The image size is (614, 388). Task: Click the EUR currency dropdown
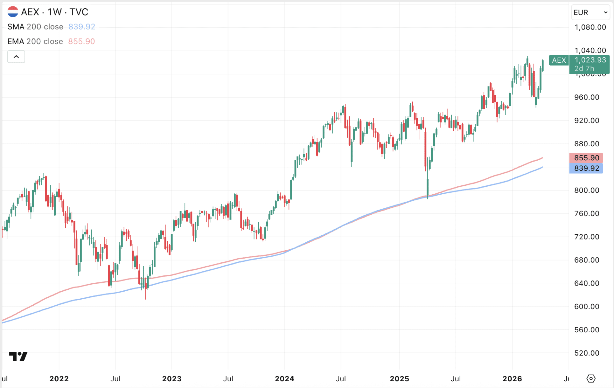click(x=590, y=12)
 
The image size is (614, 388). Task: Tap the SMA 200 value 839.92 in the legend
click(x=82, y=27)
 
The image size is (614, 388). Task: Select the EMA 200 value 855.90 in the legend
click(x=81, y=41)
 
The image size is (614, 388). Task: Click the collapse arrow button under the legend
click(x=16, y=57)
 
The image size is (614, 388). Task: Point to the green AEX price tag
click(x=559, y=60)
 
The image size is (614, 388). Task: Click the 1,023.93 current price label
click(x=590, y=60)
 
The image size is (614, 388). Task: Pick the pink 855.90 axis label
click(x=586, y=158)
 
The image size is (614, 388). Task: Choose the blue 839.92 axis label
click(x=586, y=168)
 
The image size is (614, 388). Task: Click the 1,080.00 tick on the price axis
click(x=590, y=27)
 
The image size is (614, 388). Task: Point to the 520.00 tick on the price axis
click(x=587, y=353)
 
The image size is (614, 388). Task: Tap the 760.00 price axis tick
click(x=587, y=213)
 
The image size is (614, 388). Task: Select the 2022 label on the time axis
click(x=59, y=379)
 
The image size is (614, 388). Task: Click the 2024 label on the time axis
click(x=284, y=379)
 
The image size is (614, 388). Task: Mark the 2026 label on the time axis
click(x=512, y=379)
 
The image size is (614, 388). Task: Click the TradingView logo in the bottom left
click(x=18, y=357)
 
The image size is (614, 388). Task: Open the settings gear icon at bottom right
click(x=591, y=378)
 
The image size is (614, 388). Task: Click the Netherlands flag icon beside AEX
click(x=13, y=12)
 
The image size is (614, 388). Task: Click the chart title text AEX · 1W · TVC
click(x=54, y=12)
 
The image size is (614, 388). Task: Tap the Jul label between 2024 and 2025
click(x=341, y=379)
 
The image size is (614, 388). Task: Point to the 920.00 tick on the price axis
click(x=587, y=121)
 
